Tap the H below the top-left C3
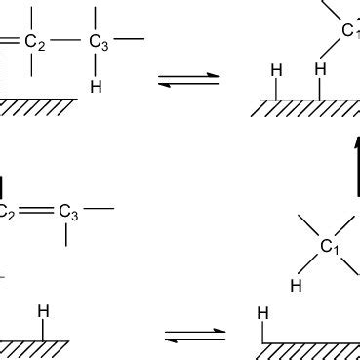point(95,87)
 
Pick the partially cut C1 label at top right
point(350,32)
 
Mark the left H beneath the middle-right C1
point(296,286)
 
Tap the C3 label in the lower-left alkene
point(67,210)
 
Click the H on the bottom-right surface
point(261,314)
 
